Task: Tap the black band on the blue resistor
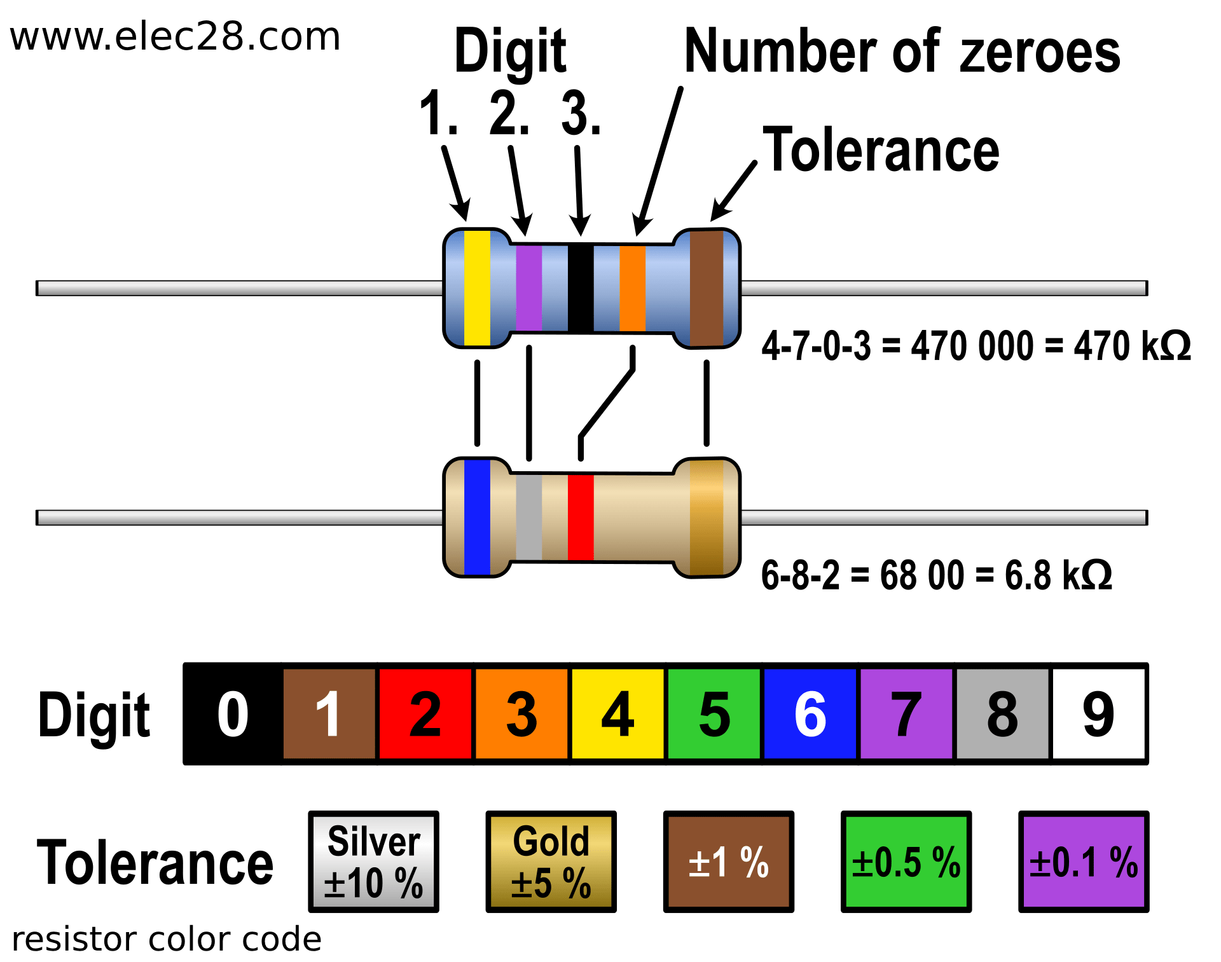[x=581, y=288]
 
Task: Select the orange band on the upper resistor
[x=633, y=288]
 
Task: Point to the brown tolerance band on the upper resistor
[x=707, y=288]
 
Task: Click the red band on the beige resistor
[x=581, y=518]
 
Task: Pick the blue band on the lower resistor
[x=477, y=518]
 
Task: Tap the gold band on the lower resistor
[x=707, y=518]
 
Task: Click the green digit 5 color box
[x=714, y=713]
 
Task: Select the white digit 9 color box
[x=1098, y=713]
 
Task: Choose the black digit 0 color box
[x=233, y=713]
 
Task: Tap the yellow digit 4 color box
[x=617, y=713]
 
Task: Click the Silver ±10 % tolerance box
[x=373, y=862]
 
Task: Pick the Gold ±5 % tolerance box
[x=551, y=862]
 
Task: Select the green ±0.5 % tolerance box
[x=906, y=862]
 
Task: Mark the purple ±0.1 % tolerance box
[x=1084, y=862]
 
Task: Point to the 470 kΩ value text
[x=1133, y=346]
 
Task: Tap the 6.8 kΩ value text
[x=1058, y=575]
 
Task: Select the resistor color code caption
[x=167, y=939]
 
